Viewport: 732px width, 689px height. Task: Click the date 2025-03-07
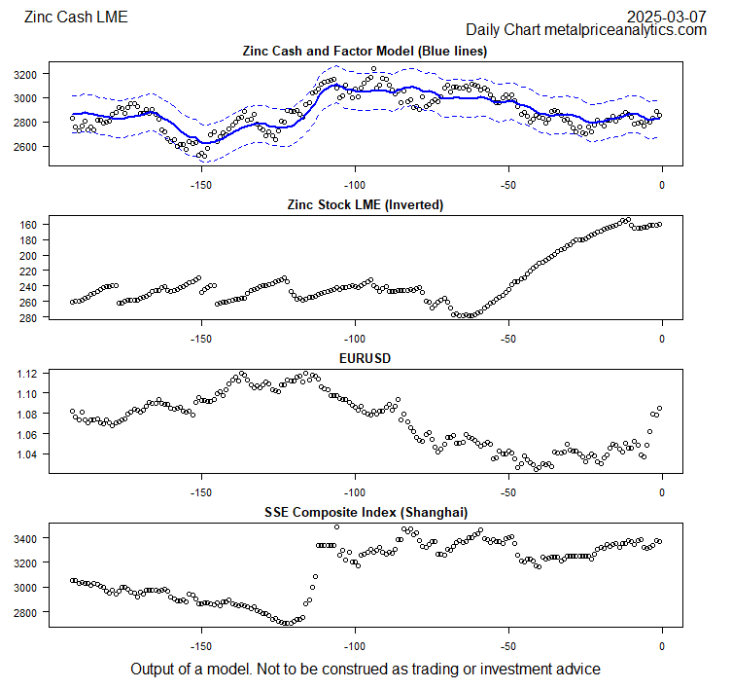click(666, 17)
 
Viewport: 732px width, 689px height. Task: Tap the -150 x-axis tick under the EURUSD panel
click(200, 491)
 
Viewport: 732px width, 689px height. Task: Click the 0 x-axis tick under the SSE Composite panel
click(662, 645)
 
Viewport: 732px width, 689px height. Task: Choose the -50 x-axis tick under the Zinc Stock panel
click(508, 338)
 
